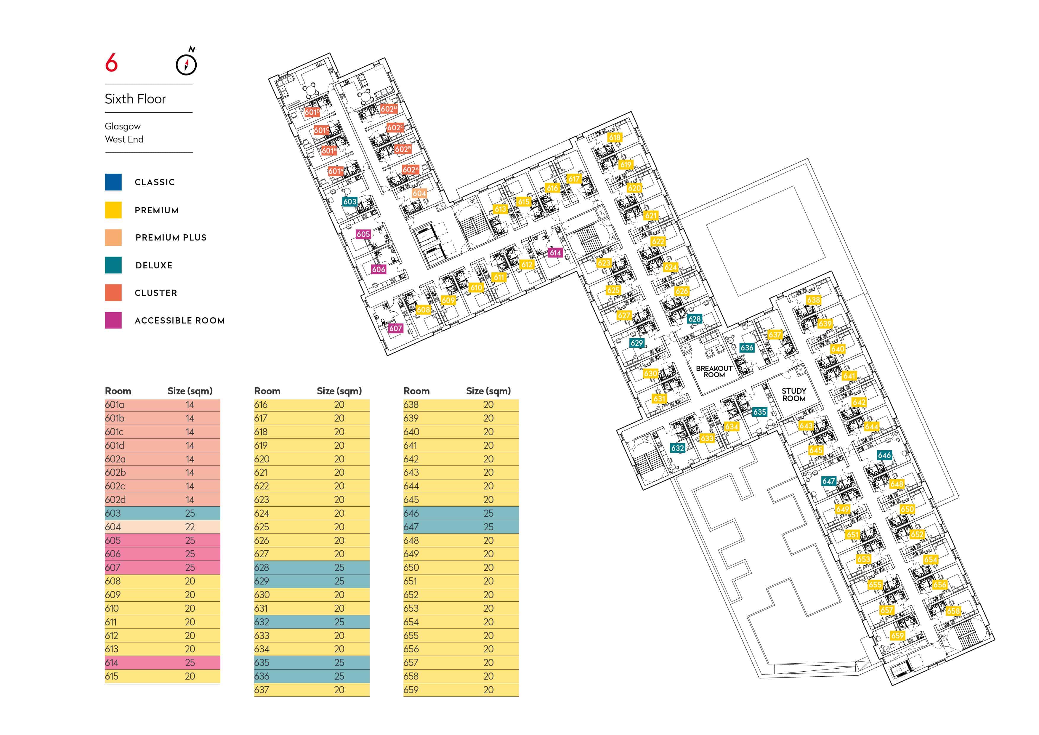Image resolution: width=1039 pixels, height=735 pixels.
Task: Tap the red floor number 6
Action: click(x=111, y=63)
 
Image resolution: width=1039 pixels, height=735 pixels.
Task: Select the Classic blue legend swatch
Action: click(x=113, y=182)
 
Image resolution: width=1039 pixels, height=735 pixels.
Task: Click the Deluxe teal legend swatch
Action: click(x=113, y=265)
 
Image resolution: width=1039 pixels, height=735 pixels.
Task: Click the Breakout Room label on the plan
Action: click(x=714, y=371)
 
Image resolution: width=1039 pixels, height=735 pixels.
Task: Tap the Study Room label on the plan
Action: click(x=794, y=395)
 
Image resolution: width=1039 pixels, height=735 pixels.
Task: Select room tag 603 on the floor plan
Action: click(x=350, y=201)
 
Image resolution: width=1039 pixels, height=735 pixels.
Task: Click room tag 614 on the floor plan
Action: click(x=555, y=252)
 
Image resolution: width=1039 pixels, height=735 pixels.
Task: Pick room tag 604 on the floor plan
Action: click(x=419, y=193)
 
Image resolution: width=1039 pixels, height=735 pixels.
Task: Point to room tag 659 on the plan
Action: click(x=897, y=635)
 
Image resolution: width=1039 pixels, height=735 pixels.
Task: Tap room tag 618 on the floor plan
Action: click(x=615, y=137)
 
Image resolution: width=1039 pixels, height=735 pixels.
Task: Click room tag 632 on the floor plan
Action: click(x=677, y=448)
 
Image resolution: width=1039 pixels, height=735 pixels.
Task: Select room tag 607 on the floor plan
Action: click(x=395, y=328)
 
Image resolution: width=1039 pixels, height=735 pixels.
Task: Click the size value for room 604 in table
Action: click(x=190, y=527)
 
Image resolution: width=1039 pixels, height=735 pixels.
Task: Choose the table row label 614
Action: click(x=112, y=663)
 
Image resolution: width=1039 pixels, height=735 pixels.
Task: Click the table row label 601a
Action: click(x=115, y=405)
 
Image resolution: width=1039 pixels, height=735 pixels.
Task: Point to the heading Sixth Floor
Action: click(x=135, y=99)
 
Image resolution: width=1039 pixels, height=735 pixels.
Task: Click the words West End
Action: click(x=124, y=140)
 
